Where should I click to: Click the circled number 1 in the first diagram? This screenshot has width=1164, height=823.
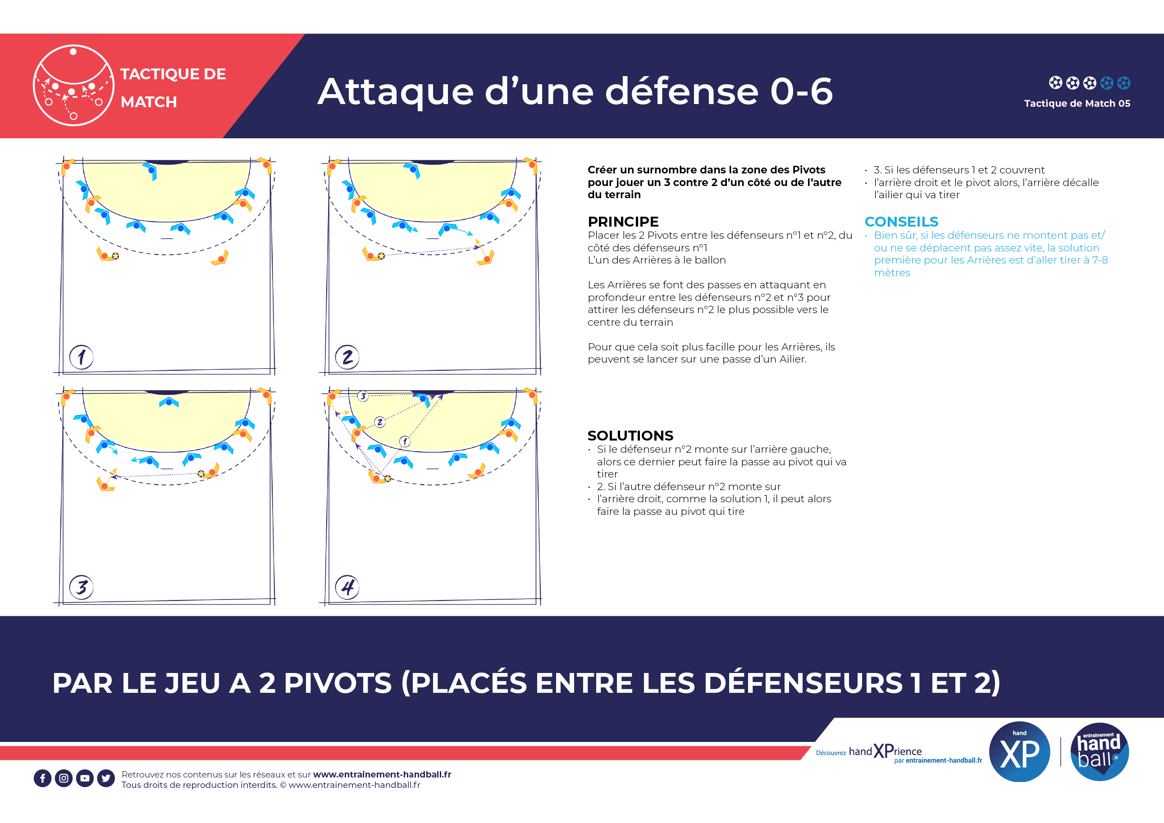click(81, 357)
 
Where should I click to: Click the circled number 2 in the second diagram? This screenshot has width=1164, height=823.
click(347, 357)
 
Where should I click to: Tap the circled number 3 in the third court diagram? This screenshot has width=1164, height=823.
click(81, 587)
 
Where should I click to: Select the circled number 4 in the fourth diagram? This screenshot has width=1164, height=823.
click(347, 587)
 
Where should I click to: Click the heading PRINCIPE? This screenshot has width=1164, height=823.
click(623, 222)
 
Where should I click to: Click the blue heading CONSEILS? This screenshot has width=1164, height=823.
click(901, 222)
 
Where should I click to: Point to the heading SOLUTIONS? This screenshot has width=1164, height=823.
click(630, 436)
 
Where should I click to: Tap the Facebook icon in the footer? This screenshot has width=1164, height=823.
click(42, 778)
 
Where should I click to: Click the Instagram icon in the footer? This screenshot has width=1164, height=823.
click(64, 778)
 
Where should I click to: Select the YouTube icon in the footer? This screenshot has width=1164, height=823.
click(85, 778)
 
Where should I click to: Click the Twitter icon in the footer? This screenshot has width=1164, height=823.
click(106, 778)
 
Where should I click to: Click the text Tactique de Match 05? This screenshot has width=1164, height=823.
click(1077, 104)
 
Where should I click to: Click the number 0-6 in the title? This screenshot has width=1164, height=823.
click(801, 92)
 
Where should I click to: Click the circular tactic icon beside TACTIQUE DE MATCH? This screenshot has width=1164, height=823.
click(73, 85)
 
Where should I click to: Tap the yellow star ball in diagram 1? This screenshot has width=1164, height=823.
click(115, 256)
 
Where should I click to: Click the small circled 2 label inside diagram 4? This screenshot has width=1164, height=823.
click(380, 422)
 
